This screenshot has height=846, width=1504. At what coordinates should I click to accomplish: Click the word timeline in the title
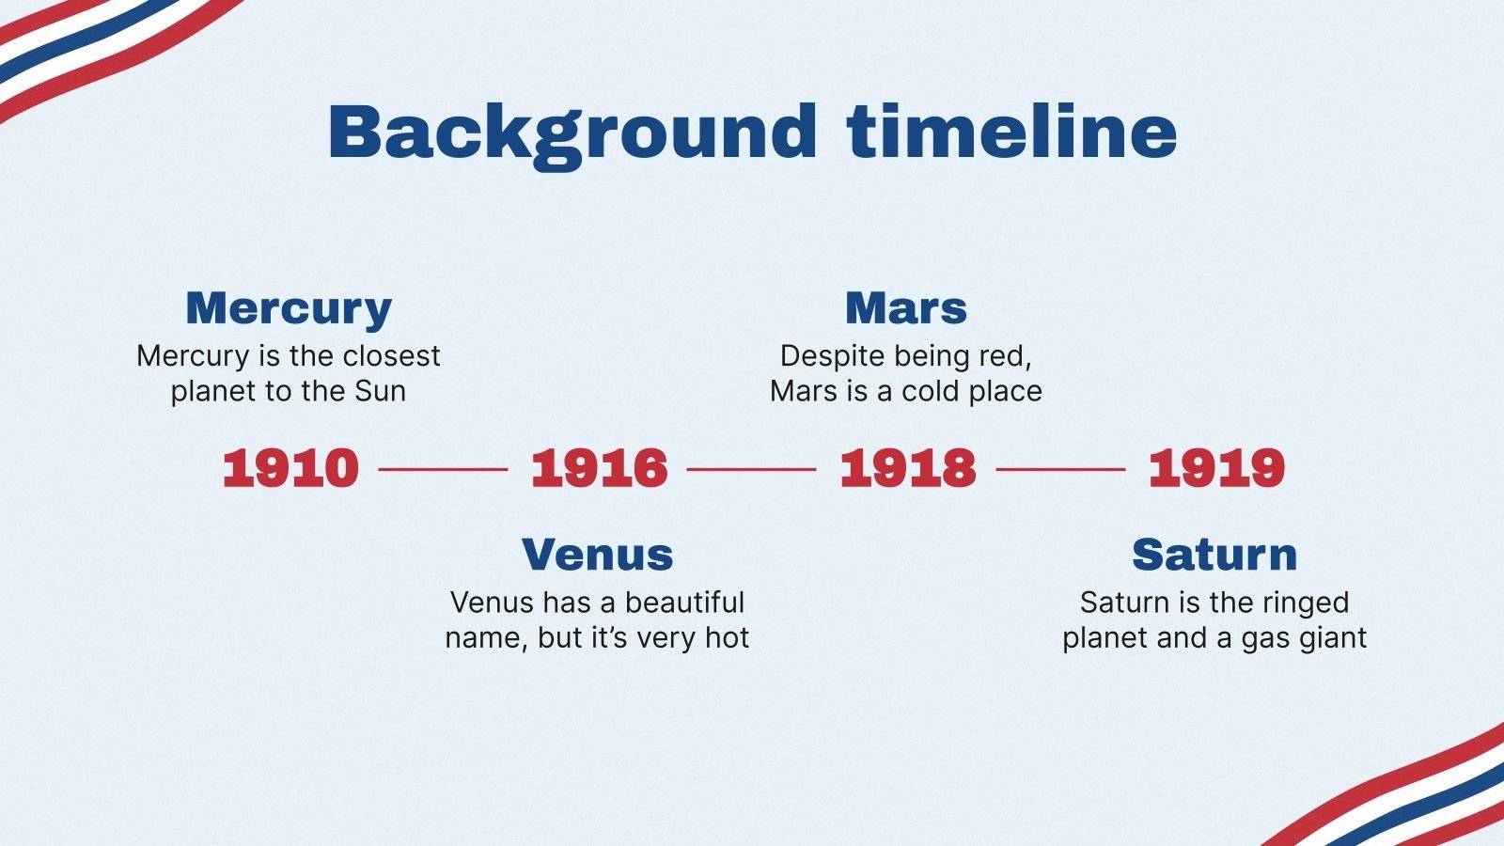pyautogui.click(x=1011, y=131)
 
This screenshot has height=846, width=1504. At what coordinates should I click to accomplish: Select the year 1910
pyautogui.click(x=290, y=468)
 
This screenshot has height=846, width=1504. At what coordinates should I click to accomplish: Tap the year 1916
pyautogui.click(x=600, y=468)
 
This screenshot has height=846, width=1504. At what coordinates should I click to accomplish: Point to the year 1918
pyautogui.click(x=908, y=468)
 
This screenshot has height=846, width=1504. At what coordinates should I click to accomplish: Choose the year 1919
pyautogui.click(x=1216, y=468)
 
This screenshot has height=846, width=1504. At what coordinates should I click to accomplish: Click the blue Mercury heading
pyautogui.click(x=289, y=310)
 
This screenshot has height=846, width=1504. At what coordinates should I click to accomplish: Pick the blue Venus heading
pyautogui.click(x=598, y=555)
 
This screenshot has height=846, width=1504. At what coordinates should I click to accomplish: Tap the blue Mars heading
pyautogui.click(x=906, y=308)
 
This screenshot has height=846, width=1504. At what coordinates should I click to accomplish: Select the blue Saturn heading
pyautogui.click(x=1214, y=555)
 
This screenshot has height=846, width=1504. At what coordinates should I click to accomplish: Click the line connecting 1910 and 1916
pyautogui.click(x=443, y=469)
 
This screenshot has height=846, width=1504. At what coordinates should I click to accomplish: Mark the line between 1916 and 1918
pyautogui.click(x=751, y=469)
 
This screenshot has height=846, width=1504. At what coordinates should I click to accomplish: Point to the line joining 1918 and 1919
pyautogui.click(x=1060, y=469)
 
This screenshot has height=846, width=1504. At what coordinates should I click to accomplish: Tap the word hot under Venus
pyautogui.click(x=728, y=637)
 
